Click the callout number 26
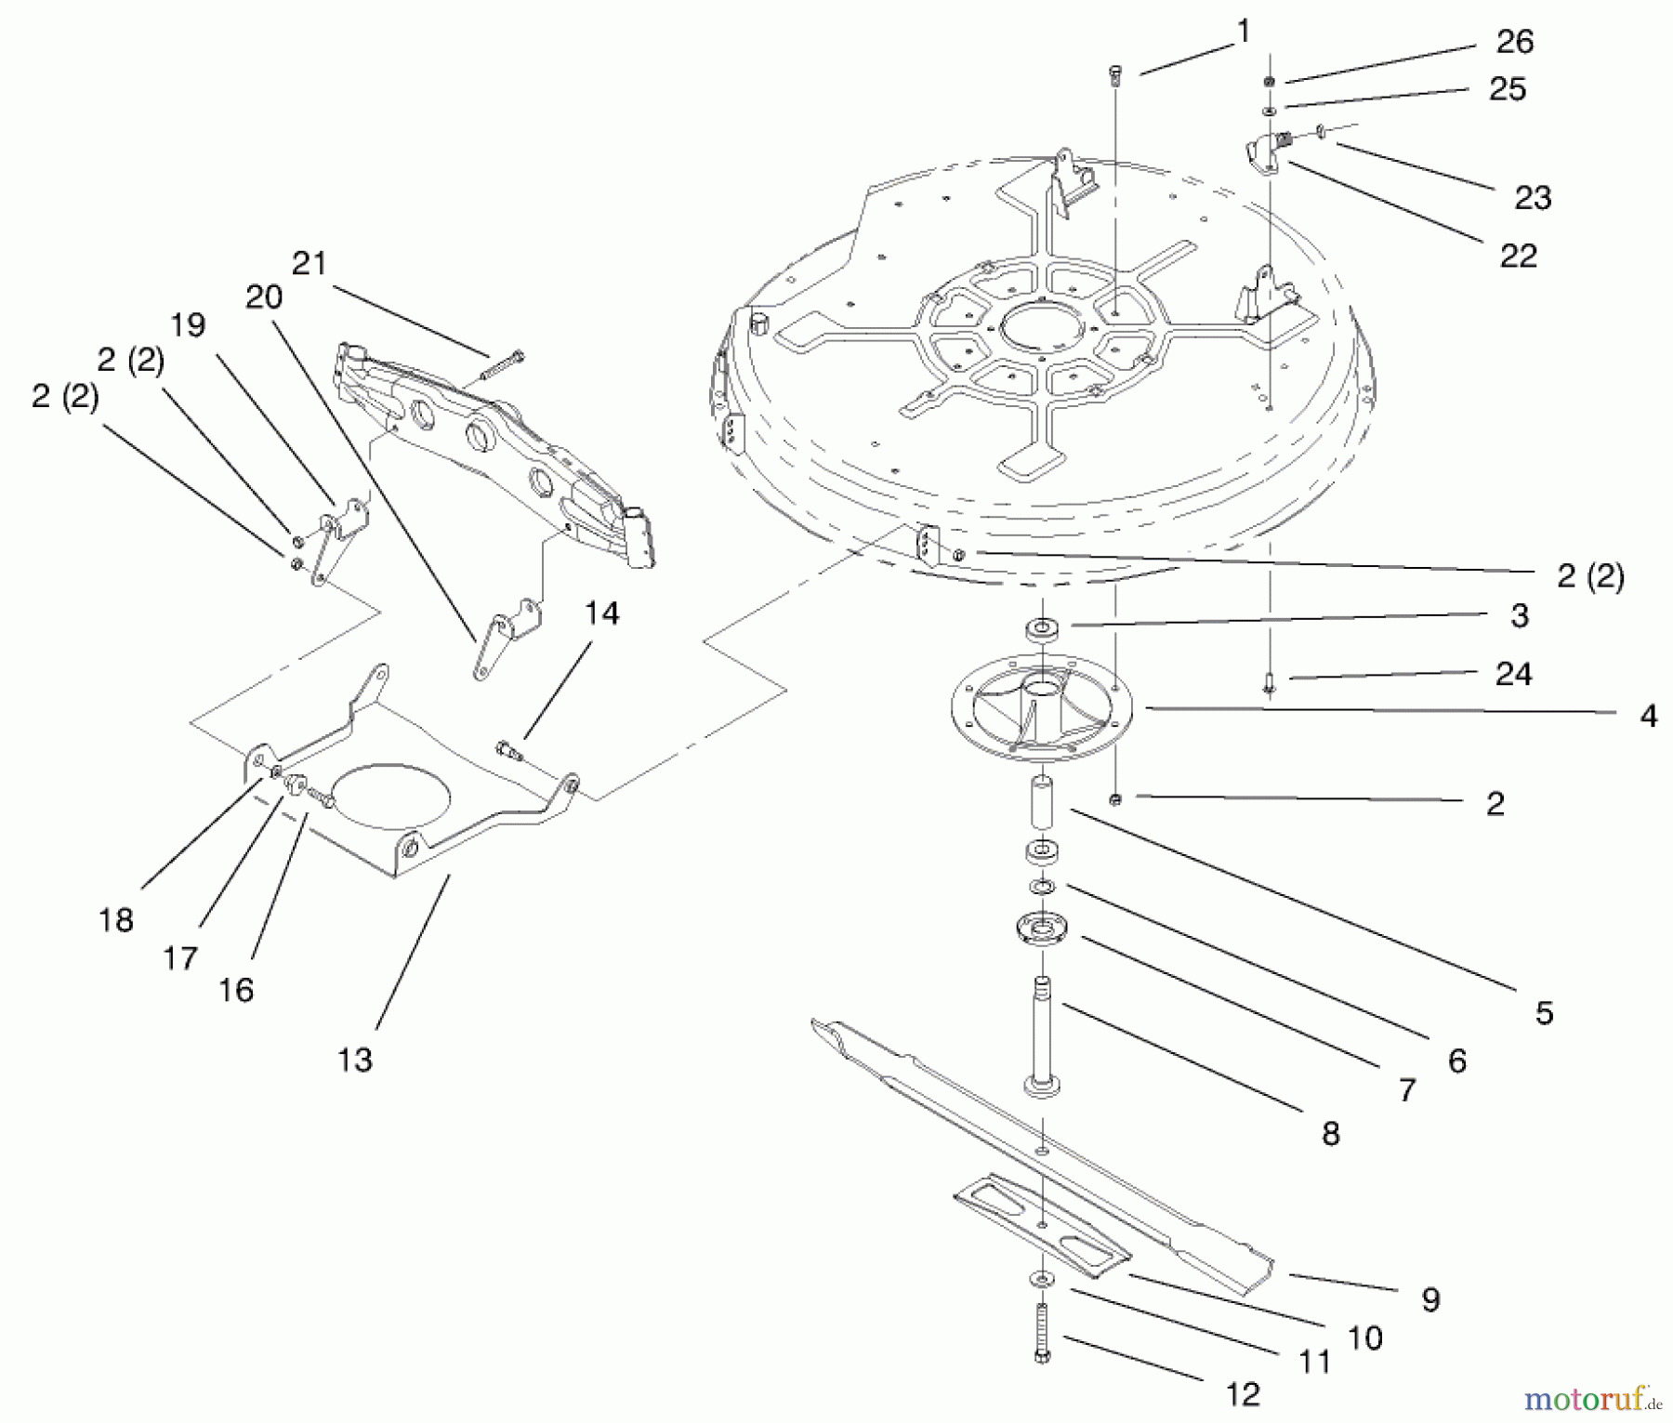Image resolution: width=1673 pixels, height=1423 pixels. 1514,42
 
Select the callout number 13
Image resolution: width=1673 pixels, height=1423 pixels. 354,1060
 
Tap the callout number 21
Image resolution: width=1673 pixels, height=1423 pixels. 310,264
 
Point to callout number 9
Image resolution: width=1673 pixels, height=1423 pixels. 1430,1299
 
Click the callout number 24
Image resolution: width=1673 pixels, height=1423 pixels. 1513,674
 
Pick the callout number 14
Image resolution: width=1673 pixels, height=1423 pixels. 601,613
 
